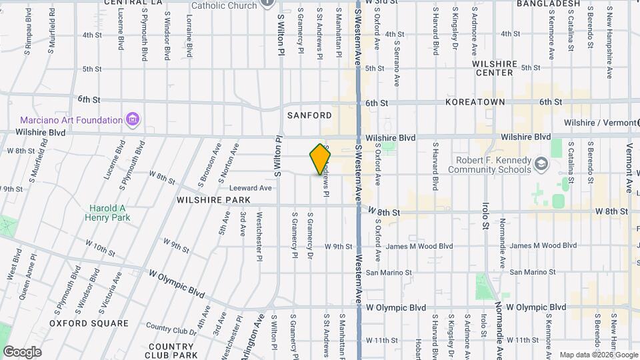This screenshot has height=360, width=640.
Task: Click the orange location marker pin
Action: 321,159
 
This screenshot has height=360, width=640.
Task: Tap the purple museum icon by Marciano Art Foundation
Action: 133,120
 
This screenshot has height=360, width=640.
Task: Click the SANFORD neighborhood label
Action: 309,115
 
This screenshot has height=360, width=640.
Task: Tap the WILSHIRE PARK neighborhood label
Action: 213,200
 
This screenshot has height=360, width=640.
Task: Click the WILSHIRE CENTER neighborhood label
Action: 495,68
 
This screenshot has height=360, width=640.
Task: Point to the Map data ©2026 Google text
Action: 597,355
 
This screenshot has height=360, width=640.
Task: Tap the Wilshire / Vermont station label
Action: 599,123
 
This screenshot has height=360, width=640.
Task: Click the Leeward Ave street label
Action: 251,188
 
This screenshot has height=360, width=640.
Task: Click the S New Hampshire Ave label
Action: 609,39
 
